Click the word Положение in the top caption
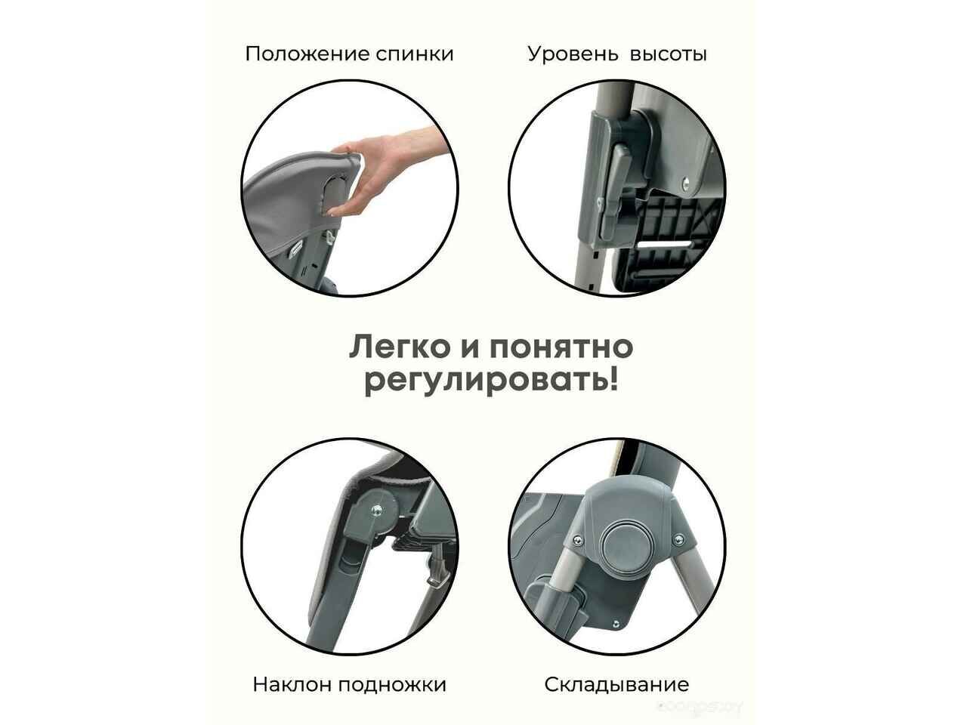pos(307,54)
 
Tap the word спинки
pos(415,55)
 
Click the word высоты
pos(669,55)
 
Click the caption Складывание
pos(616,685)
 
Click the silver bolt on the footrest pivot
pos(377,511)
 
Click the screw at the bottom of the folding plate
pos(616,624)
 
